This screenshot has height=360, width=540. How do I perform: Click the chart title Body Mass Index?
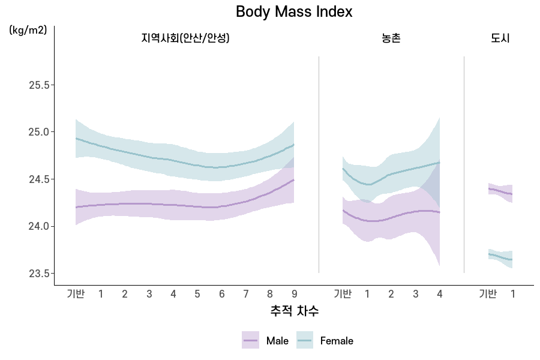[x=294, y=11]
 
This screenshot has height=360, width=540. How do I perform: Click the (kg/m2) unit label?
[x=28, y=31]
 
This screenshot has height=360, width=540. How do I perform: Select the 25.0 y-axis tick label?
[x=40, y=132]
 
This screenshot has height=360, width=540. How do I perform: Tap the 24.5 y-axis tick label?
[x=40, y=179]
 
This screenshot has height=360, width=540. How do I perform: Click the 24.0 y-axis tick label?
[x=40, y=226]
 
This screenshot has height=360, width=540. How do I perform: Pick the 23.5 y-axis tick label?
[x=40, y=274]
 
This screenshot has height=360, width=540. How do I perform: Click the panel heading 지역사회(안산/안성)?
[x=185, y=38]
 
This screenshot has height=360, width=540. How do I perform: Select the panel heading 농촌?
[x=391, y=38]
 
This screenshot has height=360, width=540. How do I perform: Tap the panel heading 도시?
[x=500, y=38]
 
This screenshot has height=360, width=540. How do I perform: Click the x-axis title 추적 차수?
[x=295, y=311]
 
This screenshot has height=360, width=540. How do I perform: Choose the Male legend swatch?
[x=250, y=340]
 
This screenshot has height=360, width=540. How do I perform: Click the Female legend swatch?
[x=305, y=340]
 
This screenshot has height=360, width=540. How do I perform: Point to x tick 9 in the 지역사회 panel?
[x=295, y=294]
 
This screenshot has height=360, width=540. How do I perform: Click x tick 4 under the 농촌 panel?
[x=440, y=294]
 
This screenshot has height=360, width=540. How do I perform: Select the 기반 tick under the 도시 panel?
[x=488, y=294]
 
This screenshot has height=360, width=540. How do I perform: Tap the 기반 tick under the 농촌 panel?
[x=343, y=294]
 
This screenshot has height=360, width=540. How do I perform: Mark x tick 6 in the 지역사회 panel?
[x=222, y=294]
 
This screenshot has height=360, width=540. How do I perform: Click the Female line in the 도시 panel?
[x=500, y=257]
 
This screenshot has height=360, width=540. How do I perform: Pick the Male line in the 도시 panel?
[x=500, y=191]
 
